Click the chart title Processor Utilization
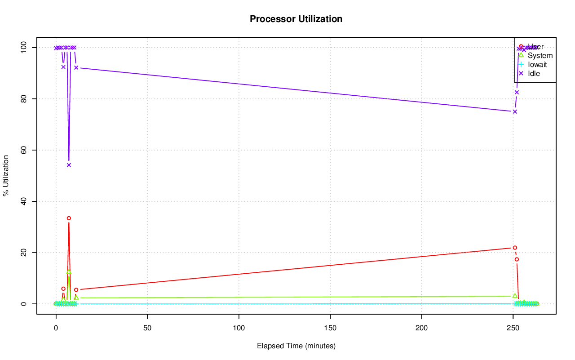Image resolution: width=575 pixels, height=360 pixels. (296, 19)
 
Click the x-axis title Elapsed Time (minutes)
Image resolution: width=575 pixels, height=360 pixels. (296, 346)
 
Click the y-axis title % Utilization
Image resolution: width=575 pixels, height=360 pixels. (6, 175)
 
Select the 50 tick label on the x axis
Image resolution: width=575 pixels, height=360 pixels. (147, 327)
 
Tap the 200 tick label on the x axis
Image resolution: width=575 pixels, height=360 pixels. (422, 327)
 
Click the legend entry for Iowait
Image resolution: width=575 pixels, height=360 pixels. (537, 64)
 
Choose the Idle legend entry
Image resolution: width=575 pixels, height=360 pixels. (534, 73)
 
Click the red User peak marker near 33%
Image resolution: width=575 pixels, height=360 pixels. (69, 218)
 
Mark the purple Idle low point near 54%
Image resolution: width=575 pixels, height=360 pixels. (69, 165)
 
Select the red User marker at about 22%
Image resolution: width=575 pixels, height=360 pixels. (515, 248)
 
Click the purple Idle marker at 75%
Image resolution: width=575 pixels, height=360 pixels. (515, 111)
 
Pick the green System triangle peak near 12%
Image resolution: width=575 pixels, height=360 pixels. (69, 272)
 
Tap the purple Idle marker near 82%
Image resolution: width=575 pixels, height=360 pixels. (517, 92)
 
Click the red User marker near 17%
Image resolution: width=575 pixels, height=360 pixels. (517, 259)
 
